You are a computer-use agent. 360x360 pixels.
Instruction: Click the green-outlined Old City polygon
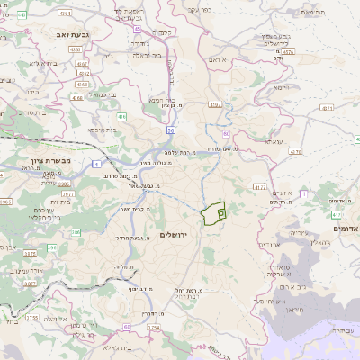tap(212, 214)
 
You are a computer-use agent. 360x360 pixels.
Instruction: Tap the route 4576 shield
tap(287, 52)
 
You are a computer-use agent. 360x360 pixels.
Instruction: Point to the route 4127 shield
tap(260, 187)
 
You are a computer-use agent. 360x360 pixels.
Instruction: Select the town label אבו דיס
tap(270, 244)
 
